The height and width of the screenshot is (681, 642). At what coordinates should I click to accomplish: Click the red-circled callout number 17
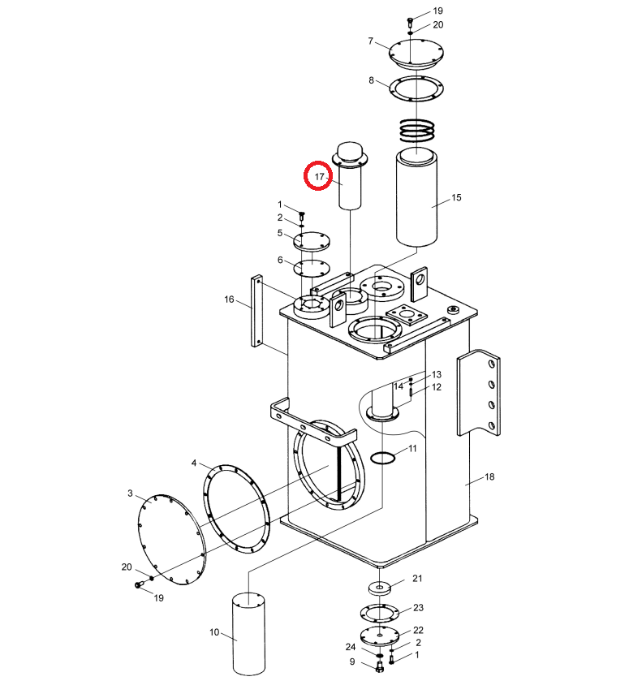click(x=319, y=177)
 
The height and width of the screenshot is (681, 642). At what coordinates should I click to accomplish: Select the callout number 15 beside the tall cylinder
click(x=456, y=197)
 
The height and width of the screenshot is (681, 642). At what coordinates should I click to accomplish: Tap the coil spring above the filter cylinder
click(x=417, y=130)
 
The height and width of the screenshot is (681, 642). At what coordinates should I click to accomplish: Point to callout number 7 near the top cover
click(x=371, y=41)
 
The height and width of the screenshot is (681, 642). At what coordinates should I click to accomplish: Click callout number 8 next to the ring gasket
click(x=371, y=80)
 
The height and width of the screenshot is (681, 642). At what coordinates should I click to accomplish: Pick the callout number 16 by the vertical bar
click(x=229, y=300)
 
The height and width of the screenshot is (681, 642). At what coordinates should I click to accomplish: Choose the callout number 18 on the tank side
click(x=489, y=477)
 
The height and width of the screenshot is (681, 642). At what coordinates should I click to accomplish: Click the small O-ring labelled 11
click(x=382, y=457)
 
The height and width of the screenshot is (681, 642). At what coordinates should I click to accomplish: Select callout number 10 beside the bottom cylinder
click(x=214, y=632)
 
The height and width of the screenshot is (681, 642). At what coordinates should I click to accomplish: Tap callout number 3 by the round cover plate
click(x=130, y=494)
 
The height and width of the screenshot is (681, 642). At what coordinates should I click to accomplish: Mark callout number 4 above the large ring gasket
click(x=194, y=463)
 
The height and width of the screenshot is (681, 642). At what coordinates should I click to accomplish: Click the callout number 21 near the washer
click(x=417, y=579)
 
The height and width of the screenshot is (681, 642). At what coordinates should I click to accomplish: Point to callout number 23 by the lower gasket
click(x=418, y=608)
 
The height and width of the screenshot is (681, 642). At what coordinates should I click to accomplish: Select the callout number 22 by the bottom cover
click(x=418, y=630)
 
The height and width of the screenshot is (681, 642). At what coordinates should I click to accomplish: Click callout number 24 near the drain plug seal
click(x=351, y=647)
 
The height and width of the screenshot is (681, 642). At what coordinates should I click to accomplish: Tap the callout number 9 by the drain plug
click(x=352, y=662)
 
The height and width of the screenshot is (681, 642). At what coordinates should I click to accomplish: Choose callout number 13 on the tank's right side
click(x=437, y=374)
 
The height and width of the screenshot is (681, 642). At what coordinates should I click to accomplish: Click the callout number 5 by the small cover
click(x=280, y=233)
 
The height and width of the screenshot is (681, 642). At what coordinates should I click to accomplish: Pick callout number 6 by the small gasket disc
click(x=280, y=261)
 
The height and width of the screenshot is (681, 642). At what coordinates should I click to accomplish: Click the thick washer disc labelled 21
click(x=380, y=589)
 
